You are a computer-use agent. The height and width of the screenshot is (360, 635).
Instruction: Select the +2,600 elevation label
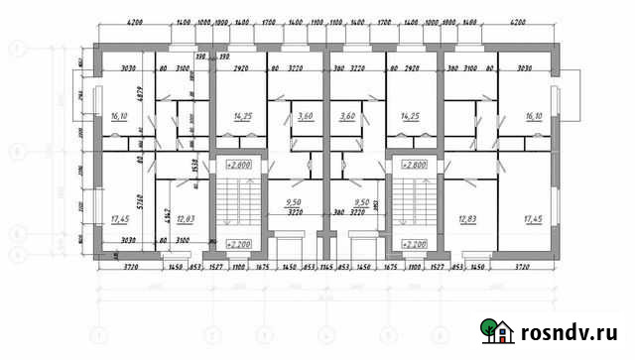click(x=237, y=164)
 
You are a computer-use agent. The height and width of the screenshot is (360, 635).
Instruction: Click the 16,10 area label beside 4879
click(x=120, y=116)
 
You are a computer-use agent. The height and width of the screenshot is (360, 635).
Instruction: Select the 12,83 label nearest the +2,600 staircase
click(x=185, y=218)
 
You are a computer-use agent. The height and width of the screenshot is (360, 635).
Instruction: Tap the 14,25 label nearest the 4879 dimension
click(x=241, y=116)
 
